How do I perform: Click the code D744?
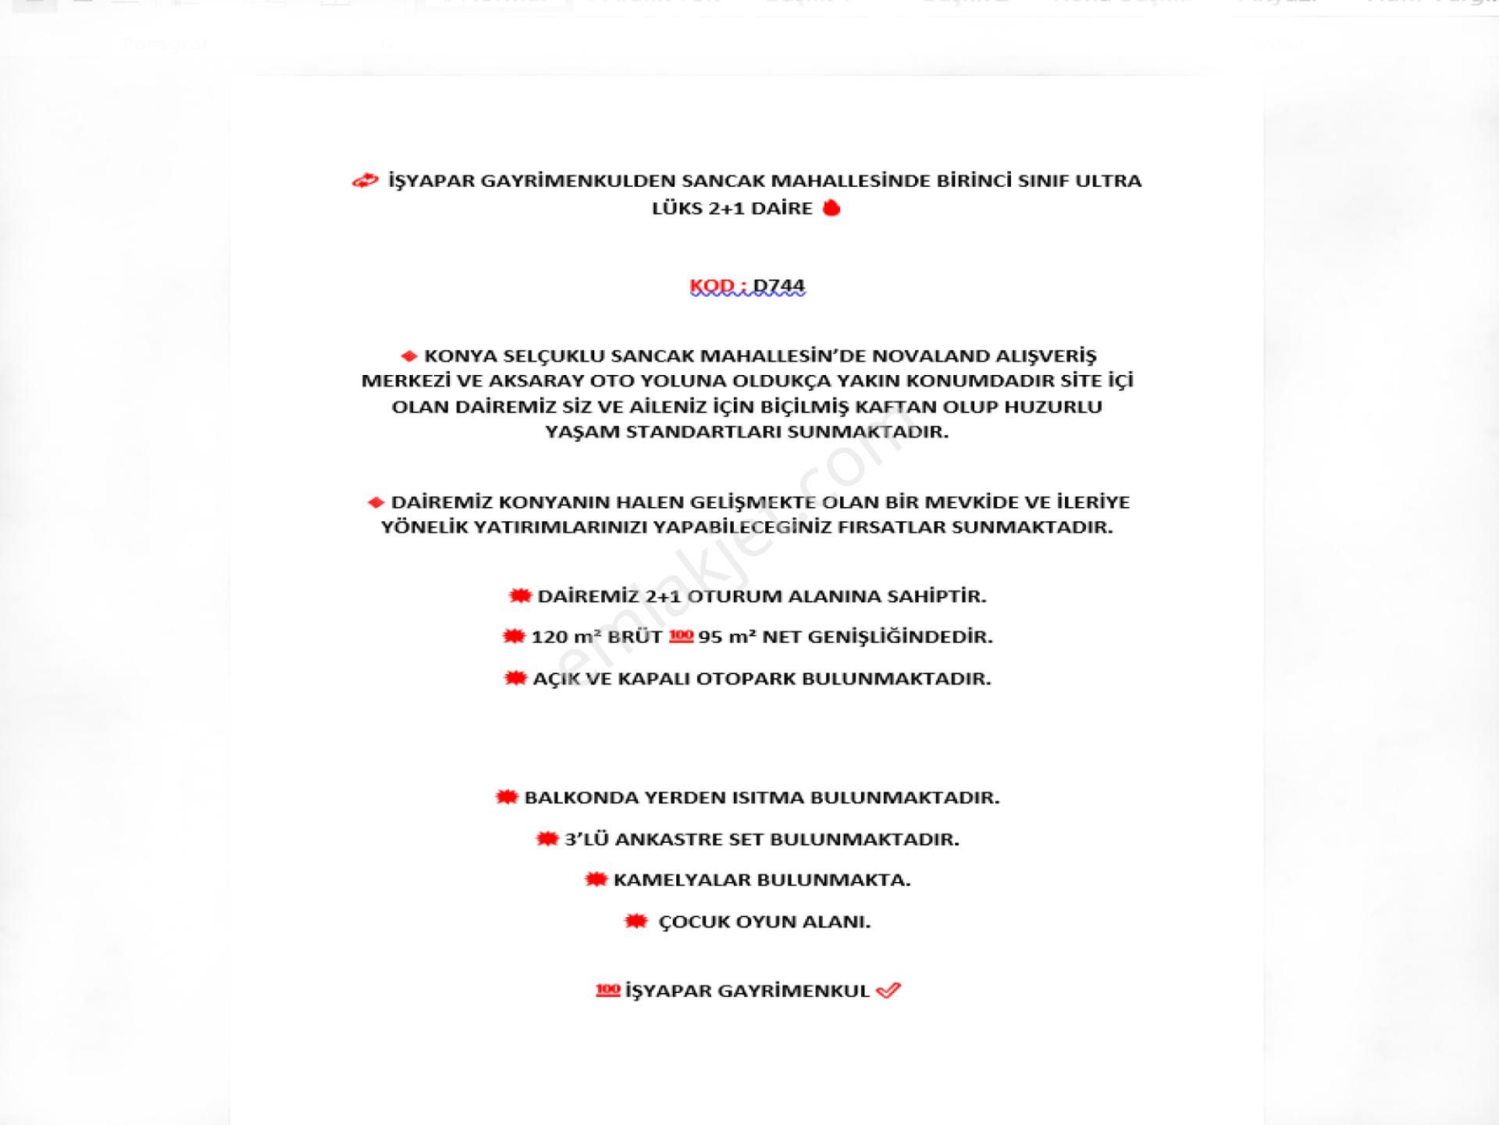click(778, 286)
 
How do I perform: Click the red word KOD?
click(711, 286)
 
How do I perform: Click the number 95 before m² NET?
click(710, 637)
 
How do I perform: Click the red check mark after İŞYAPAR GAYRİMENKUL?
click(888, 991)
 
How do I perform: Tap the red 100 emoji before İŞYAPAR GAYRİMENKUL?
click(607, 991)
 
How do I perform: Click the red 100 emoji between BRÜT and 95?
click(681, 636)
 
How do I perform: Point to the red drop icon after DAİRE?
click(831, 208)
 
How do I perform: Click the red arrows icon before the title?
click(365, 181)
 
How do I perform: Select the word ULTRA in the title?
click(1109, 180)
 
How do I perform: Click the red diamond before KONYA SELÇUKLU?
click(408, 356)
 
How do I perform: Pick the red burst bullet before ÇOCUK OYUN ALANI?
click(636, 922)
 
